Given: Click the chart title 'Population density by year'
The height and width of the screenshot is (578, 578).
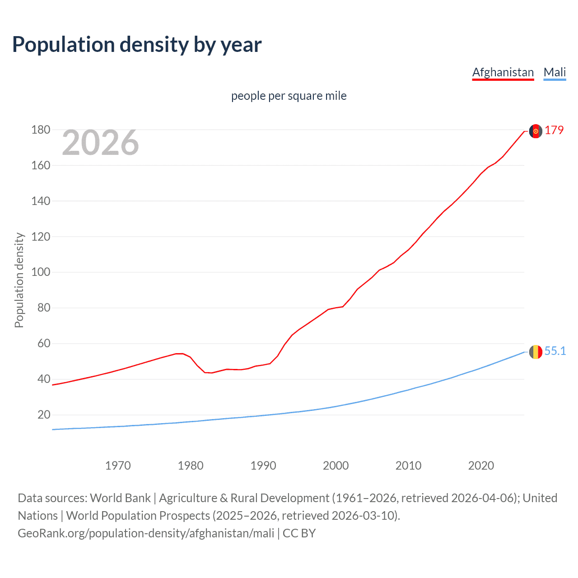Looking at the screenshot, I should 137,45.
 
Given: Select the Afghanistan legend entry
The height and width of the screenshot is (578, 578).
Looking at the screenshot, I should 503,72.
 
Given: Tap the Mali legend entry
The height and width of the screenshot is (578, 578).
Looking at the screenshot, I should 555,72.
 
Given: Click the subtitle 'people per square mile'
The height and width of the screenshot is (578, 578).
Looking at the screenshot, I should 289,96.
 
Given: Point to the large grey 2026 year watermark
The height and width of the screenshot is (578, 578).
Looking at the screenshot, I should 100,143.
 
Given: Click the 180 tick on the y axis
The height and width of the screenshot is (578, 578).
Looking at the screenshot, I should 41,130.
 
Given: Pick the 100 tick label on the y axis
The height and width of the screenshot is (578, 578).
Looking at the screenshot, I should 41,272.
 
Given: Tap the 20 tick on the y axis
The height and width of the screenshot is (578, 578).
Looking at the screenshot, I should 44,415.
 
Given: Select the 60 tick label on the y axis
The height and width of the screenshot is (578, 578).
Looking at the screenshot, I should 44,344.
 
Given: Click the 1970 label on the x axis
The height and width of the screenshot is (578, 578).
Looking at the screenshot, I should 118,466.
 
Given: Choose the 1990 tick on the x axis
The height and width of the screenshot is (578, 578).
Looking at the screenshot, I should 263,466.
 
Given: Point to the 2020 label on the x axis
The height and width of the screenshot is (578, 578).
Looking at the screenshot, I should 481,466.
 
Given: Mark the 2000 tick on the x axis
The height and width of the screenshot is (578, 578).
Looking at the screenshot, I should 336,466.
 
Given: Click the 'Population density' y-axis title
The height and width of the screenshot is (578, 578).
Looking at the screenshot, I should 19,280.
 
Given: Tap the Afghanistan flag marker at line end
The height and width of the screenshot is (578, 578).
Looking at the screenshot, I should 536,131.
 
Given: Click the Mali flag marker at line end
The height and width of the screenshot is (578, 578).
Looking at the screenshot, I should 536,352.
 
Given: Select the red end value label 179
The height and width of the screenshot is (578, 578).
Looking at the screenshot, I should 554,130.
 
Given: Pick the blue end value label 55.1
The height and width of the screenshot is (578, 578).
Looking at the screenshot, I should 555,351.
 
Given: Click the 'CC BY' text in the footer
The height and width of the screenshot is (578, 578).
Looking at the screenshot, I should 299,533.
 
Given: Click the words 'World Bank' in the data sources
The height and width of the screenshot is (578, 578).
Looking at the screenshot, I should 120,498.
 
